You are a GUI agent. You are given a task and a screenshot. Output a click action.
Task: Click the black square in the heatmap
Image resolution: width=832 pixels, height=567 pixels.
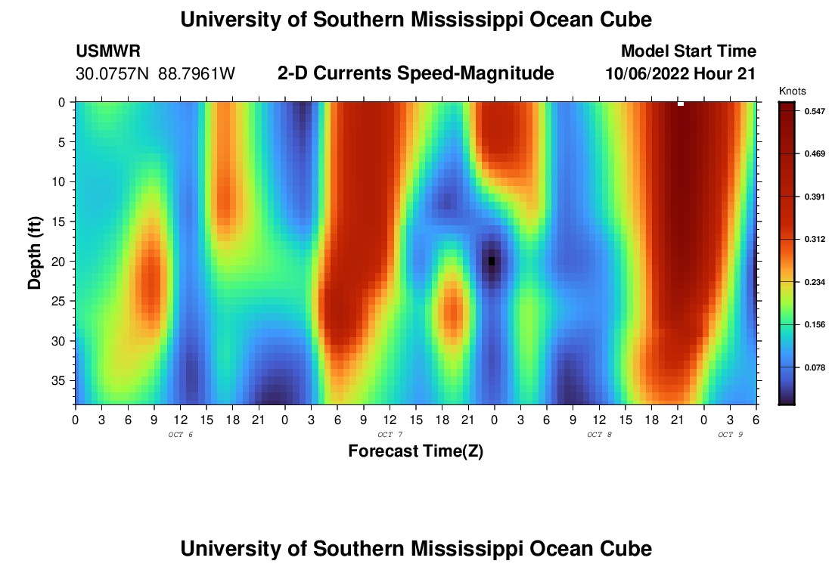pos(492,262)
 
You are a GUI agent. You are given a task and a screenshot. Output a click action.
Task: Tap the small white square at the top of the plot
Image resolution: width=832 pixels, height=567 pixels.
pos(681,104)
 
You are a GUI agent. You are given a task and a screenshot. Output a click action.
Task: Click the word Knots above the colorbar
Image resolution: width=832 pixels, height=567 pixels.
pos(792,91)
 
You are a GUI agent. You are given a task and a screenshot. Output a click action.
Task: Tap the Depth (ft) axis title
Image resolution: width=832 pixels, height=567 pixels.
pos(35,253)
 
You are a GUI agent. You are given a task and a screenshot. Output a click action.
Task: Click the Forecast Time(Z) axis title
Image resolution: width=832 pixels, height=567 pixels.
pos(415,451)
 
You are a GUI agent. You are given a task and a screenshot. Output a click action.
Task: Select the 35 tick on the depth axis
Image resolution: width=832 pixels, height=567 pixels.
pos(62,380)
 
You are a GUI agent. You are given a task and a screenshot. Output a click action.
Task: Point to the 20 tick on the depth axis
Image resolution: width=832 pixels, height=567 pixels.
pos(62,262)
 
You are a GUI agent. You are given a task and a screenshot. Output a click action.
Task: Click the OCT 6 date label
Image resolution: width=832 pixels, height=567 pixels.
pos(180,435)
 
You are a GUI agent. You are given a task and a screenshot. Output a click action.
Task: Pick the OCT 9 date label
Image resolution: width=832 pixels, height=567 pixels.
pos(730,435)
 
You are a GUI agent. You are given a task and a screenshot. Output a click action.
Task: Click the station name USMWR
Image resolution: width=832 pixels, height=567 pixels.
pos(108,51)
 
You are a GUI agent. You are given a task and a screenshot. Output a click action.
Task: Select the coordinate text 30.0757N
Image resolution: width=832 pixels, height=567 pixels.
pos(113,74)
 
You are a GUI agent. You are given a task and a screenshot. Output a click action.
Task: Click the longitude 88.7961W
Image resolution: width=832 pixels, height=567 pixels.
pos(197,74)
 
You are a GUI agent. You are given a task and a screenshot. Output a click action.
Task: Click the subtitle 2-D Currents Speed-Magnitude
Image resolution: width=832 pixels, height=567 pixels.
pos(415,73)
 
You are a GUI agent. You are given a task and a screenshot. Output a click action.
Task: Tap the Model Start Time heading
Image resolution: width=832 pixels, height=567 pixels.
pos(688,51)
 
